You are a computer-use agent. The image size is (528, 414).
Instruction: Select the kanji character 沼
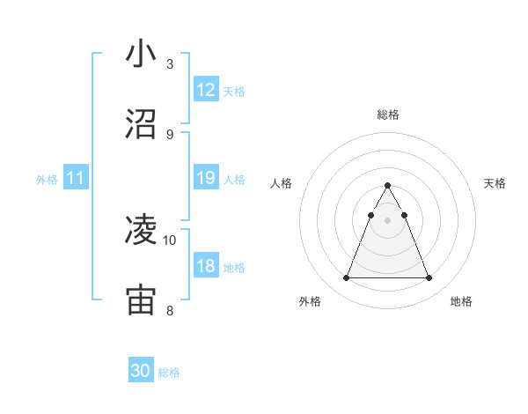(x=141, y=124)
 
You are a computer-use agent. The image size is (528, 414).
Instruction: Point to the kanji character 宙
(x=141, y=300)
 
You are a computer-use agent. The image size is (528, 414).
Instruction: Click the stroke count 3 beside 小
(x=170, y=63)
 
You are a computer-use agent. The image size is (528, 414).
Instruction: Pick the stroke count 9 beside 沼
(x=170, y=134)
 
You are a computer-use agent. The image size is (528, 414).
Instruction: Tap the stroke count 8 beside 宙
(x=170, y=310)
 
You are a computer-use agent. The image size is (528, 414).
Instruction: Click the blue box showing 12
(x=206, y=90)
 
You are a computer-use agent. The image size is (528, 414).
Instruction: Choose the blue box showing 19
(x=206, y=178)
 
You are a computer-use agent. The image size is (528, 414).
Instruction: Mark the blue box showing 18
(x=206, y=266)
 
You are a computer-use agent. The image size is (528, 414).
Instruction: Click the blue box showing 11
(x=76, y=178)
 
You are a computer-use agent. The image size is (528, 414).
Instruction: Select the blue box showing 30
(x=141, y=371)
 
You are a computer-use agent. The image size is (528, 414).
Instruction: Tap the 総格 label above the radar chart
(x=388, y=115)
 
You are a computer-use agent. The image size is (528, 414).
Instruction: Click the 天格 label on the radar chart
(x=495, y=183)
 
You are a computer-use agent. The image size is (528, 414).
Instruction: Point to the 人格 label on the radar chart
(x=282, y=183)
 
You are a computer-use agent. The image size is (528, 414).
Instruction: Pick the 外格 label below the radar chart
(x=310, y=301)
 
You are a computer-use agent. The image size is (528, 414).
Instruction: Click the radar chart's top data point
(x=387, y=186)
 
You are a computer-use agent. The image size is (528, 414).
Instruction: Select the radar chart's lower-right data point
(x=429, y=278)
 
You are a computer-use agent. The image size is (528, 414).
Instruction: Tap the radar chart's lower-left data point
(x=346, y=278)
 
